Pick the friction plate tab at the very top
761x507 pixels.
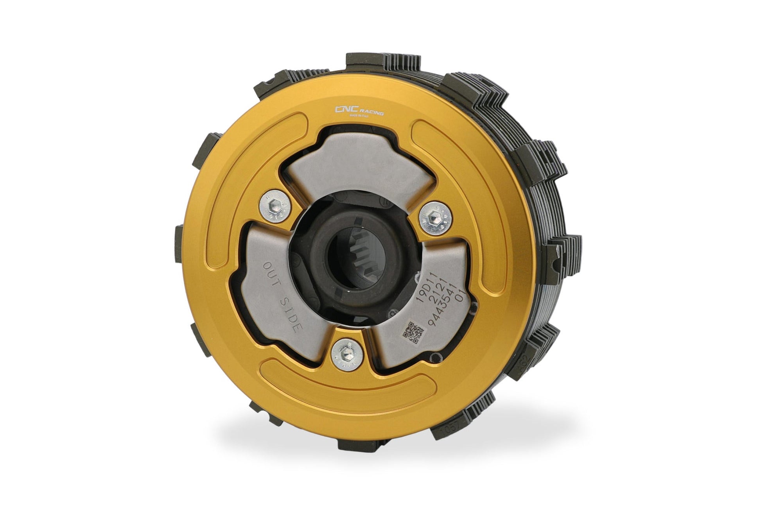(385, 59)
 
